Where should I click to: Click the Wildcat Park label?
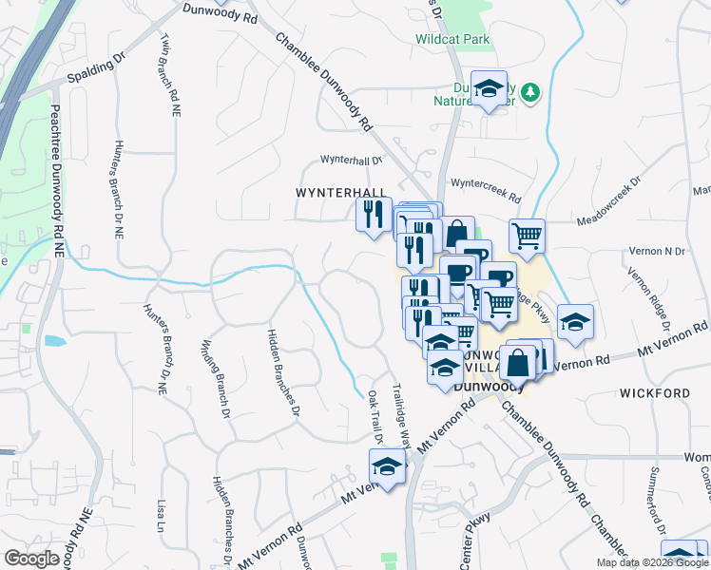pos(452,40)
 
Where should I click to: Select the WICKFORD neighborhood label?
pos(654,392)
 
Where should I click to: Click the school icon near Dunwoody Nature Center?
pos(489,89)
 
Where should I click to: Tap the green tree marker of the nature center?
pos(532,91)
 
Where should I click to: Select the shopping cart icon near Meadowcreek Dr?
pos(528,235)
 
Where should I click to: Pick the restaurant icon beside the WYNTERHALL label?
pos(374,213)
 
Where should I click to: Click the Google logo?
pos(31,559)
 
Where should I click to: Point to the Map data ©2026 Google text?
pos(651,562)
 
